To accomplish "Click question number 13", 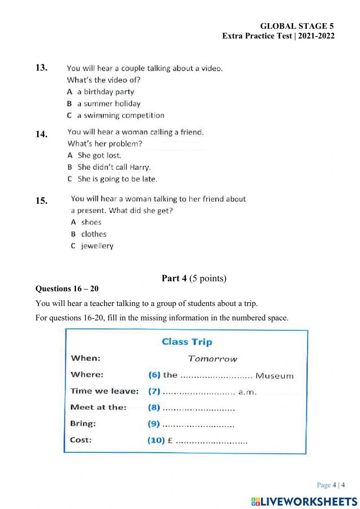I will (41, 68).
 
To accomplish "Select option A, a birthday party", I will (105, 92).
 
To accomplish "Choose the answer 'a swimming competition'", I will (121, 116).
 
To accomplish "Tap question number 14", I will (41, 134).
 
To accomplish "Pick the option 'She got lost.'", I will (99, 156).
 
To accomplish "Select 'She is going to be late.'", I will (117, 179).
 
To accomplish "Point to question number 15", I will (41, 201).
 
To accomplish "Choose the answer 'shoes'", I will (91, 222).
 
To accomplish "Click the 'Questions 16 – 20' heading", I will (67, 289).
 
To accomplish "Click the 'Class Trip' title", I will (187, 342).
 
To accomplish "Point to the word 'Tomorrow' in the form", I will (213, 359).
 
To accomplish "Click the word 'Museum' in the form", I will (274, 376).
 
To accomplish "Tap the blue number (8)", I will (154, 407).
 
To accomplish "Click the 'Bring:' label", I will (83, 423).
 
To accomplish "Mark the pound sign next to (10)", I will (170, 440).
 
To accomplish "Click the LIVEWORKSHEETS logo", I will (304, 501).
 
